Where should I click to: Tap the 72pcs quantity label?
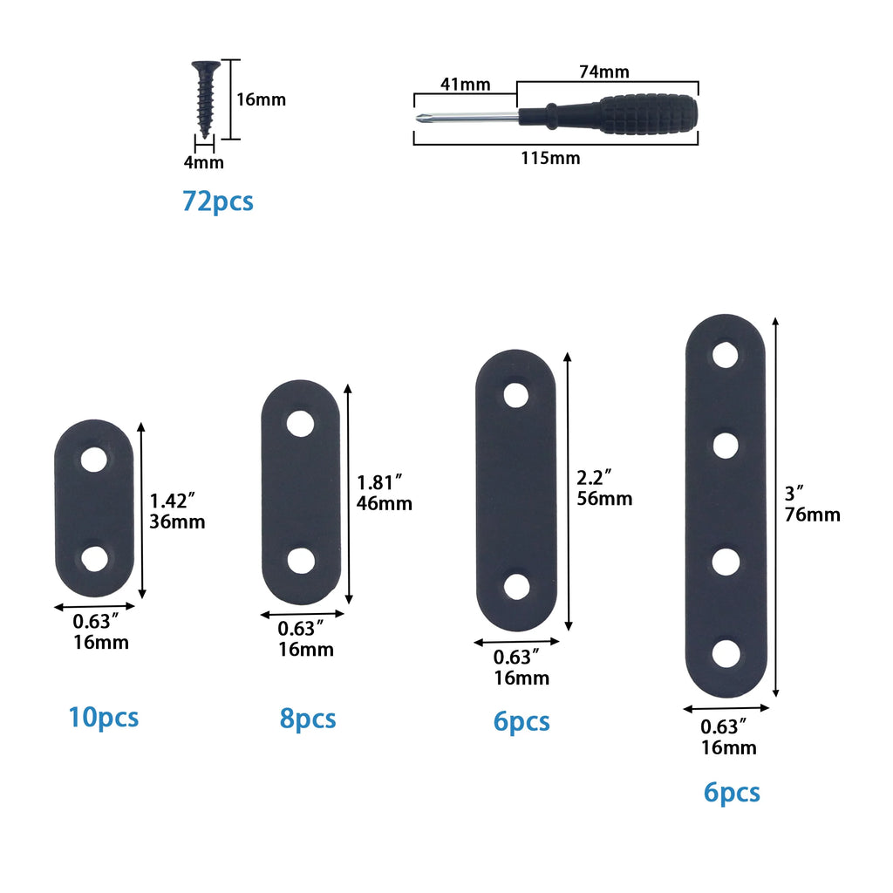click(218, 201)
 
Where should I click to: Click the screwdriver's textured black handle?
click(649, 114)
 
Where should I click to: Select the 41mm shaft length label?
click(463, 85)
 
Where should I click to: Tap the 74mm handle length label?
click(603, 72)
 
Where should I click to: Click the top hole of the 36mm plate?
click(93, 459)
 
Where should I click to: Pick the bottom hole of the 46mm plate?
click(301, 560)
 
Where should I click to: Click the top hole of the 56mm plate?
click(516, 395)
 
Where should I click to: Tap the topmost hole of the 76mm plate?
click(725, 355)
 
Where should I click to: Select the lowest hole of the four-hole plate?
click(725, 653)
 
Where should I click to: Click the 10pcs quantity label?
click(103, 718)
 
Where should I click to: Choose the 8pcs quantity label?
click(307, 719)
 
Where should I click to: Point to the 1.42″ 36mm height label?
click(177, 511)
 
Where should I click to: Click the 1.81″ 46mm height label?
click(384, 493)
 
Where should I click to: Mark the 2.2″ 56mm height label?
click(604, 488)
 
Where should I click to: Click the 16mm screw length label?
click(261, 99)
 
